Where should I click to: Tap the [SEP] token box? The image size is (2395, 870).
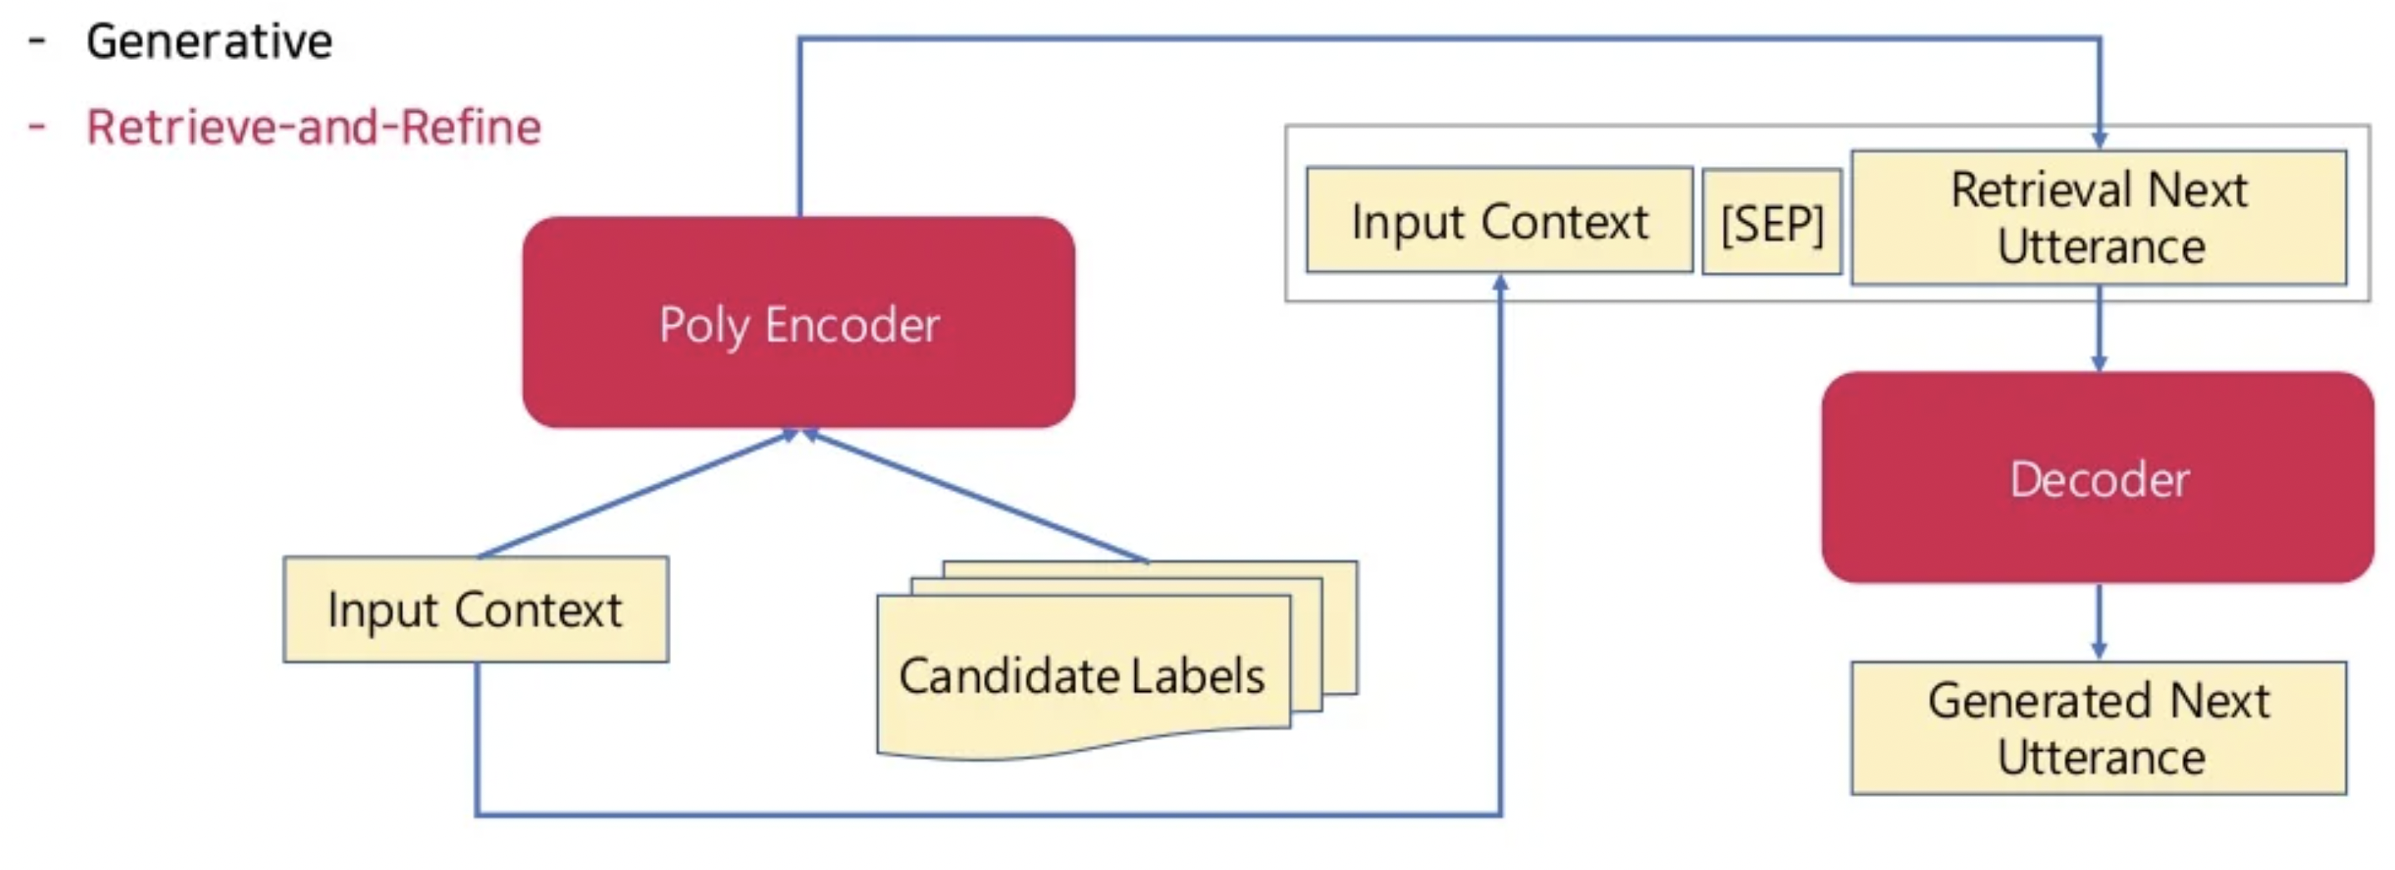[x=1771, y=222]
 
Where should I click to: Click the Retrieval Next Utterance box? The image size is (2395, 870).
[x=2097, y=218]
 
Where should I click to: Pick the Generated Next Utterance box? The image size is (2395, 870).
[x=2097, y=728]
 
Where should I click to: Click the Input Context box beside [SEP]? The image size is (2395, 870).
[x=1498, y=220]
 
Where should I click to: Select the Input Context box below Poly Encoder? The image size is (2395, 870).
[x=475, y=610]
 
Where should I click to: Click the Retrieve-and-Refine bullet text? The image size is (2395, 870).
[x=314, y=127]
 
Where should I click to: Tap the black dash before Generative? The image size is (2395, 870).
[x=37, y=41]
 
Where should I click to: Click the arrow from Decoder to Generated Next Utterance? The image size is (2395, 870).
[x=2098, y=621]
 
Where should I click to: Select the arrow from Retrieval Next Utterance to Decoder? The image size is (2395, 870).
[x=2098, y=327]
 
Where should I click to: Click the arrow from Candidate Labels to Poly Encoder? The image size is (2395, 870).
[x=976, y=496]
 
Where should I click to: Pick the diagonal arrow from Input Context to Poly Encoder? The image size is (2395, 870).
[x=637, y=493]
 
